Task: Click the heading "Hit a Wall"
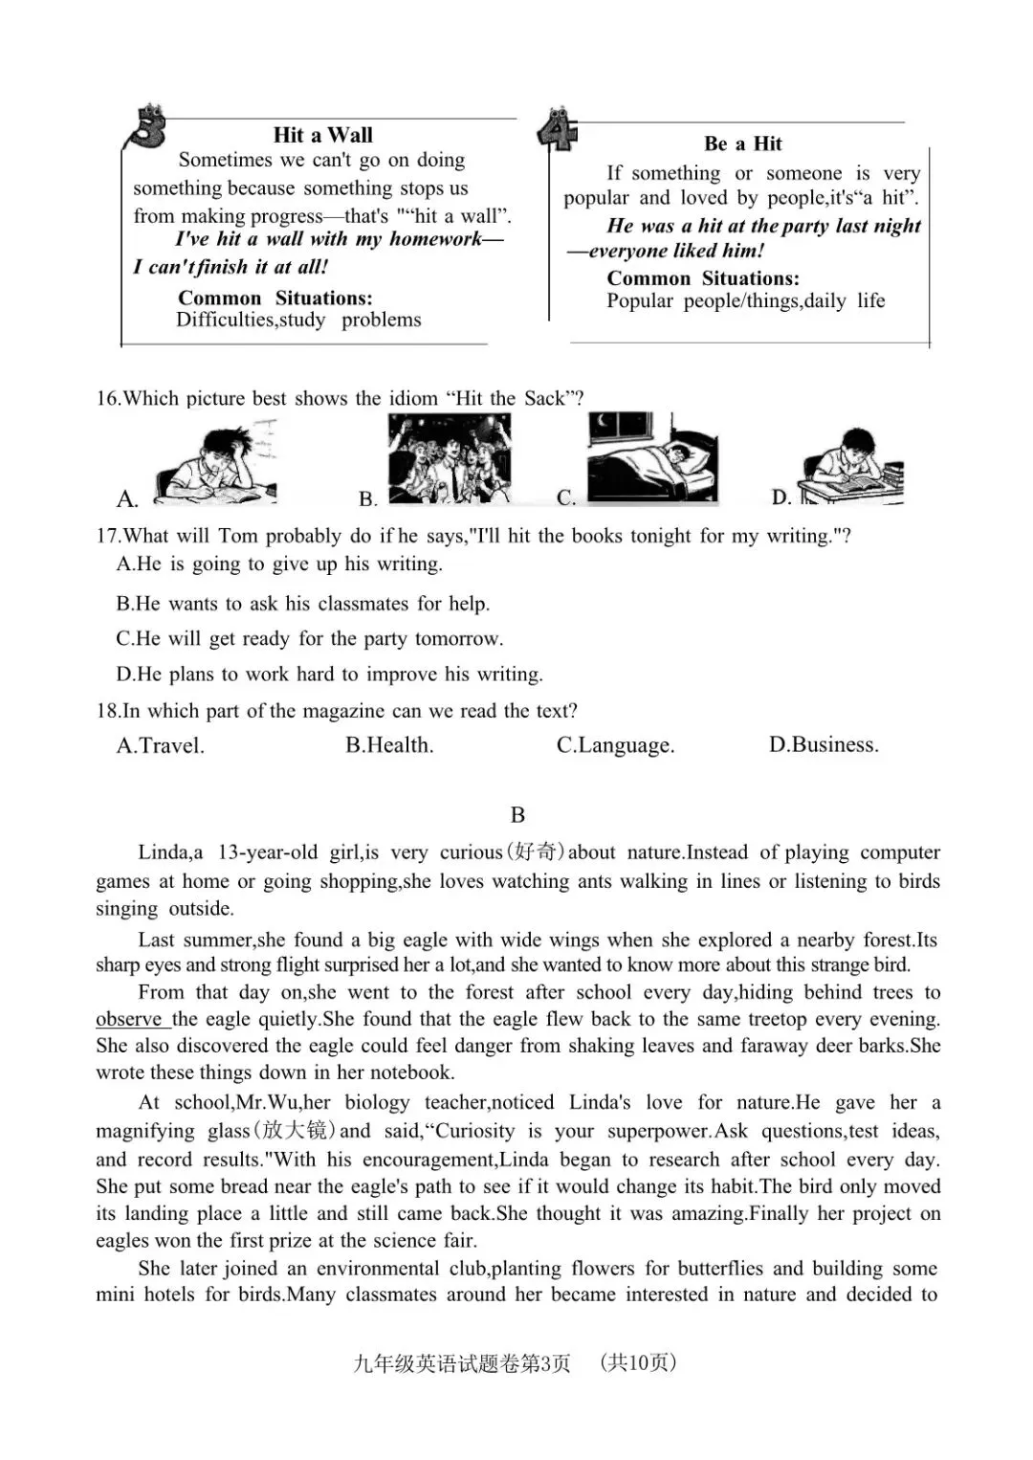click(322, 135)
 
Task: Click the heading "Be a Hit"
click(742, 144)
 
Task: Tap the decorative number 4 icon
click(558, 132)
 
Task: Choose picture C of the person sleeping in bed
click(652, 459)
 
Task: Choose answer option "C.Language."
click(615, 745)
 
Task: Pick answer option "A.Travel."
click(160, 745)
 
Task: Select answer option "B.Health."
click(389, 745)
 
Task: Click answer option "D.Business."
click(823, 744)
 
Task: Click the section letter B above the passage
click(517, 815)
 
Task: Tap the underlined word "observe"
click(129, 1019)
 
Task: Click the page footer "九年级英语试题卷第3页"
click(461, 1363)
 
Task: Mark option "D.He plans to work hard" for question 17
click(329, 675)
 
